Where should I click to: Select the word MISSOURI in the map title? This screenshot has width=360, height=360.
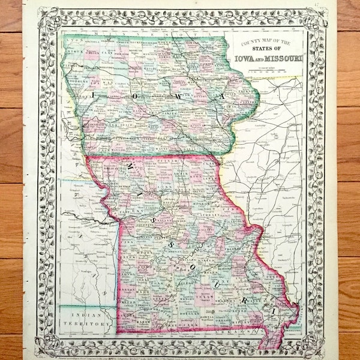(x=280, y=59)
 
